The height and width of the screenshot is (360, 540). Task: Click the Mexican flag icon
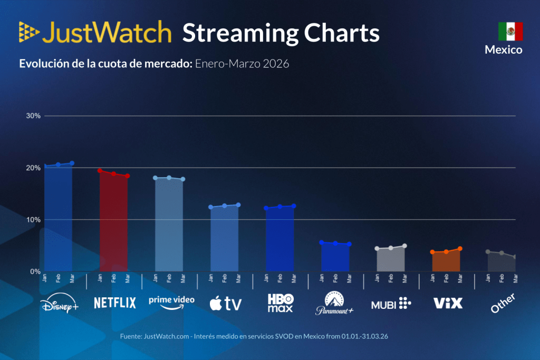(x=510, y=32)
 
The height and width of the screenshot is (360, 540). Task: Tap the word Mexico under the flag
(x=504, y=50)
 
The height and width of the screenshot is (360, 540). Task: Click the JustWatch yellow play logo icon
(x=28, y=32)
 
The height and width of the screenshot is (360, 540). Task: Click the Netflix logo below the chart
(x=114, y=303)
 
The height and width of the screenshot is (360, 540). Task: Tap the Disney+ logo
(x=59, y=304)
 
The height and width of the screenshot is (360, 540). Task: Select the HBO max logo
(x=280, y=303)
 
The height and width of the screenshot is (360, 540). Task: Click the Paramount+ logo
(x=334, y=304)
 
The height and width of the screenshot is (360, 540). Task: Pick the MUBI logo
(x=391, y=303)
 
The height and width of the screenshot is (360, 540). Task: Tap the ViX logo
(x=447, y=303)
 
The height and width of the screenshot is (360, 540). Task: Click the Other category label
(x=502, y=304)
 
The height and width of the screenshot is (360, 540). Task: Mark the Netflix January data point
(x=100, y=171)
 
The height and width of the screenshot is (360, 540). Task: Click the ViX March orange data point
(x=460, y=248)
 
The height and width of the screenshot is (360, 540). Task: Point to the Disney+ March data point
(x=72, y=163)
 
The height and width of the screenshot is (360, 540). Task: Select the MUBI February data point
(x=391, y=248)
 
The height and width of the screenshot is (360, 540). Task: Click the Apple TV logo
(x=225, y=303)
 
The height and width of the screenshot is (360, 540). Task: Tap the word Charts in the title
(x=340, y=33)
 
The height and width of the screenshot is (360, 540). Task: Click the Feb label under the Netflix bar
(x=113, y=279)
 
